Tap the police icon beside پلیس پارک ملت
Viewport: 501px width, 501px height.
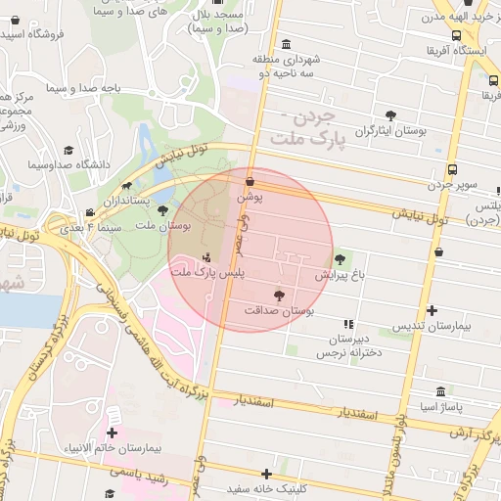pyautogui.click(x=205, y=258)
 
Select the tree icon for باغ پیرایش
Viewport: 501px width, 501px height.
pyautogui.click(x=340, y=259)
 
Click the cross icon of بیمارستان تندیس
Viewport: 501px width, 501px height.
pyautogui.click(x=433, y=310)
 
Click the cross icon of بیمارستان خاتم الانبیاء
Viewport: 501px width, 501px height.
pyautogui.click(x=113, y=433)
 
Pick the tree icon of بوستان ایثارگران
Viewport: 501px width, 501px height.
pyautogui.click(x=391, y=114)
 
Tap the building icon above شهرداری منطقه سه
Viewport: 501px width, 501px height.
pyautogui.click(x=286, y=44)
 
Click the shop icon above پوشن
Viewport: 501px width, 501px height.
pyautogui.click(x=250, y=181)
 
